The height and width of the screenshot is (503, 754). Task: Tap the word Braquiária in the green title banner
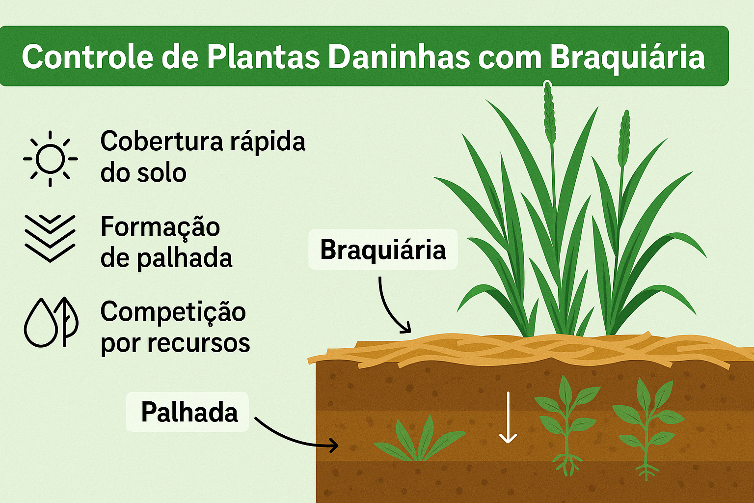click(x=627, y=57)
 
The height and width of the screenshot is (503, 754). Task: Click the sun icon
click(x=50, y=159)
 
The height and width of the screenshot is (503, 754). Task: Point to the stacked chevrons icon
click(x=50, y=238)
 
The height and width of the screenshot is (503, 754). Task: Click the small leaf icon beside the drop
click(x=67, y=320)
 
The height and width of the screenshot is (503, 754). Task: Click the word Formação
click(x=160, y=227)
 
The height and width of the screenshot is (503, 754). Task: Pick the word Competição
click(x=173, y=312)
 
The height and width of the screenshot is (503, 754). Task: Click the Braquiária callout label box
click(x=383, y=250)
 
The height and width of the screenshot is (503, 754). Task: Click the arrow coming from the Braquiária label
click(x=391, y=308)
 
